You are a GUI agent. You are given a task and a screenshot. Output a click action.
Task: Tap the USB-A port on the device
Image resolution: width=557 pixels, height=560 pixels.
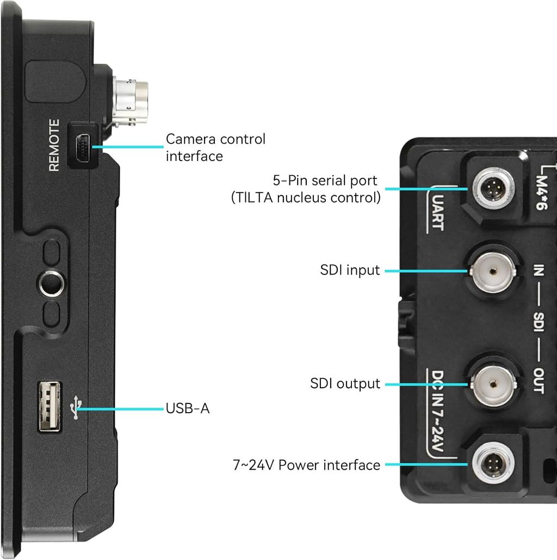click(49, 407)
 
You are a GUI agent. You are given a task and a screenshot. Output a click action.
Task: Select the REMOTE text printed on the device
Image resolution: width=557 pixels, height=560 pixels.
click(54, 146)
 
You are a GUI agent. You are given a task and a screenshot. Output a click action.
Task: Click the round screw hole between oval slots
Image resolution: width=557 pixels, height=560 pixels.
click(52, 283)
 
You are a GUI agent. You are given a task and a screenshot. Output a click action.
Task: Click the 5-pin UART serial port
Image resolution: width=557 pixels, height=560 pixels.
click(492, 189)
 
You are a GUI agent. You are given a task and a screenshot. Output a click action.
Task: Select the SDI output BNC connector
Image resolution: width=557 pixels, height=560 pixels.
click(492, 383)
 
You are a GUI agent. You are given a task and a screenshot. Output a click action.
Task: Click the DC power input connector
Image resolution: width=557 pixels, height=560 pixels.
click(492, 465)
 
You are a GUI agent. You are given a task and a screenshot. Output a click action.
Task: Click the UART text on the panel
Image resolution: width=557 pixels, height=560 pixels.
click(437, 214)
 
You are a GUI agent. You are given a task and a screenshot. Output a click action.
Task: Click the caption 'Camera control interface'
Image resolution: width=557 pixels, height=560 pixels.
click(215, 147)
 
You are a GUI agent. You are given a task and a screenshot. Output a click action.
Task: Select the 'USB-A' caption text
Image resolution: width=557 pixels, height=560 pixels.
click(188, 408)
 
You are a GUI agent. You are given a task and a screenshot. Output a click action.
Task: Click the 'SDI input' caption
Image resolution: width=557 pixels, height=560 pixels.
click(350, 270)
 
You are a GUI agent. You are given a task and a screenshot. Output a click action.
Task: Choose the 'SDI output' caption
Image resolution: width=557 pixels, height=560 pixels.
click(345, 383)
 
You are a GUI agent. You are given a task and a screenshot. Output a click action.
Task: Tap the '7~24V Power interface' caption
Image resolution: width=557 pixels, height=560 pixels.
click(306, 465)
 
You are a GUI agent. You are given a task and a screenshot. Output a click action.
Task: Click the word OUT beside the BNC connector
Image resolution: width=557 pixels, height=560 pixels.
click(538, 381)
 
